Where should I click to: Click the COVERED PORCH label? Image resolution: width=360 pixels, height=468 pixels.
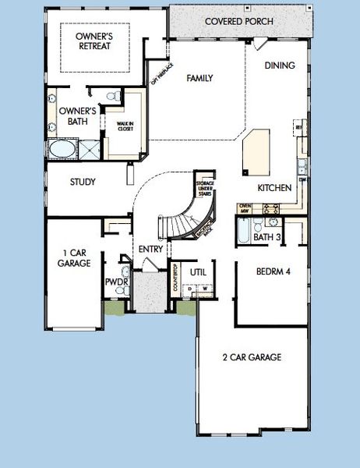(x=239, y=21)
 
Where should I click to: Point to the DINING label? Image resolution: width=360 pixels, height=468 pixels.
(x=279, y=66)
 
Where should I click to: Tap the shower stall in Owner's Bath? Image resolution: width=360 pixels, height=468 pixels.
(x=89, y=149)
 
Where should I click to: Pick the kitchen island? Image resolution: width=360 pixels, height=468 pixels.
(x=254, y=153)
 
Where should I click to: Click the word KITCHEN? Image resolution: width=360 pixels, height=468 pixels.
(x=274, y=188)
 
